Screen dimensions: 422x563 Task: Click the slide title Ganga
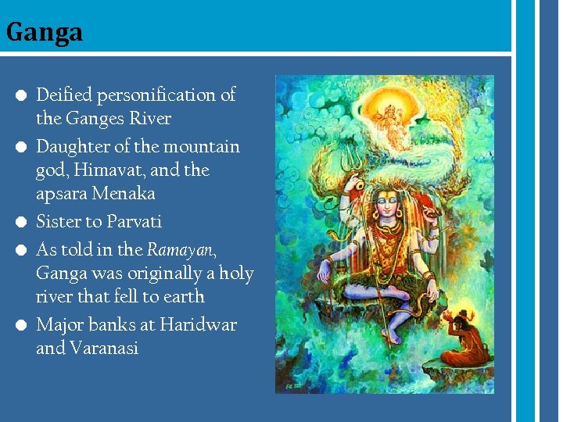[x=44, y=33]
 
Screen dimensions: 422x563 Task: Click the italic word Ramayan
[x=179, y=250]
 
